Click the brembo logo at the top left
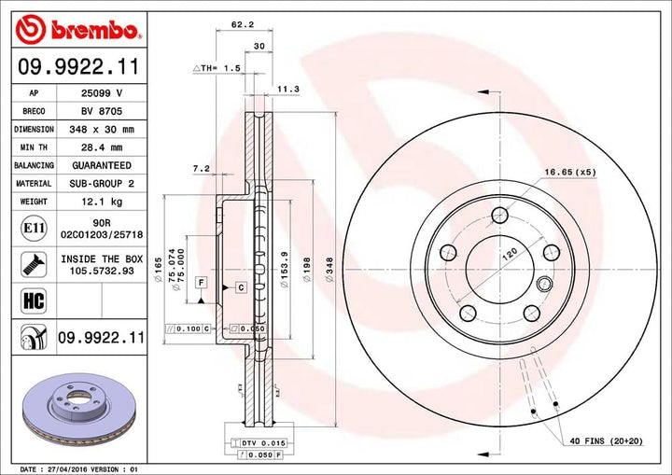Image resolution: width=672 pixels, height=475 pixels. (78, 31)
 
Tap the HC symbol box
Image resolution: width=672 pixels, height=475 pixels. (28, 299)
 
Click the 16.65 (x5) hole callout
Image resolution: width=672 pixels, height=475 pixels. (570, 172)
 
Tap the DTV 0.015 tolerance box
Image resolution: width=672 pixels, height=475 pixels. (253, 441)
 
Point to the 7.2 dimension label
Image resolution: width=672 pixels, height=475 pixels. (198, 170)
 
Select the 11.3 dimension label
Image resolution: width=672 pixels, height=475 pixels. (287, 90)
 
